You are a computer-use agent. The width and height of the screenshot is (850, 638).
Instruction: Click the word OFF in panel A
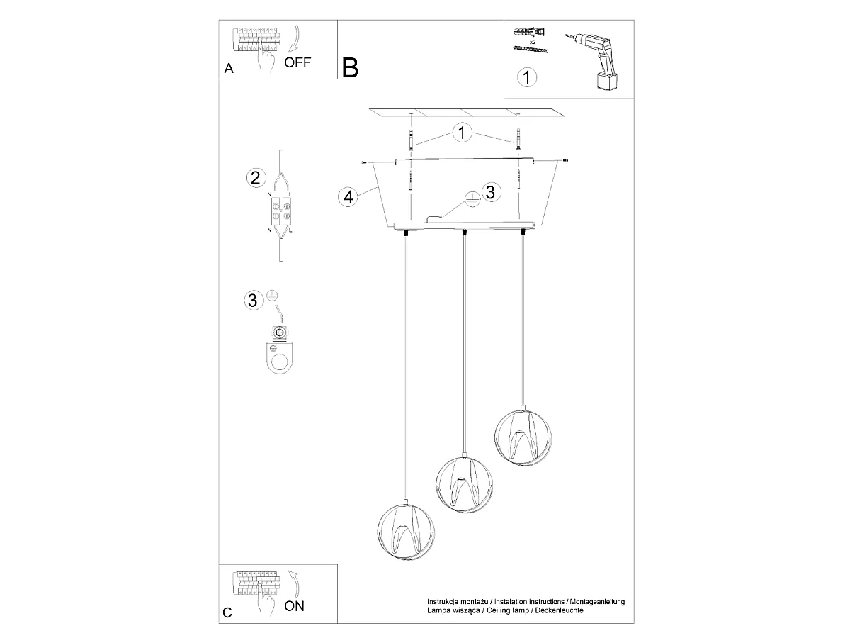tap(297, 62)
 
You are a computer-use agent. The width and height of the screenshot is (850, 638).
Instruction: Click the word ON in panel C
tap(294, 606)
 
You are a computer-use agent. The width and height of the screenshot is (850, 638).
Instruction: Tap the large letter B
tap(350, 68)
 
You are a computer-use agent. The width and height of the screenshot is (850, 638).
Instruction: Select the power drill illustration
tap(594, 61)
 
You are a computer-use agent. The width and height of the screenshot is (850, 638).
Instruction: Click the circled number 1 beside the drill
tap(527, 77)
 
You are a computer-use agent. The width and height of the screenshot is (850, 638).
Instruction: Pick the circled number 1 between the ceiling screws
tap(462, 133)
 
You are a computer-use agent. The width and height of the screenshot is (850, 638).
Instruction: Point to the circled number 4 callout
tap(348, 197)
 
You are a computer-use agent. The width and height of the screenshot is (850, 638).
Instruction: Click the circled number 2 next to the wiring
tap(256, 178)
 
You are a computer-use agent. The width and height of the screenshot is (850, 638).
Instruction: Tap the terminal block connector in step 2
tap(280, 211)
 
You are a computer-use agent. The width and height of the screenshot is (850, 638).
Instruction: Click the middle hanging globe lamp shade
tap(464, 484)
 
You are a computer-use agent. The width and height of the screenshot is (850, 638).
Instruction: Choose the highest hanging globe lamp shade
tap(523, 437)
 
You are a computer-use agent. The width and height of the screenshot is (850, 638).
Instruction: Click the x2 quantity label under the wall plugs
tap(533, 42)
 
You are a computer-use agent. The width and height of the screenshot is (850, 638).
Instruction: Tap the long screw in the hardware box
tap(531, 50)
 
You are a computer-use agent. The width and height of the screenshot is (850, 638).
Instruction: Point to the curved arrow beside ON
tap(295, 583)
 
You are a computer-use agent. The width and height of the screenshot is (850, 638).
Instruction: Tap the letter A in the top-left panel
tap(229, 69)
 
